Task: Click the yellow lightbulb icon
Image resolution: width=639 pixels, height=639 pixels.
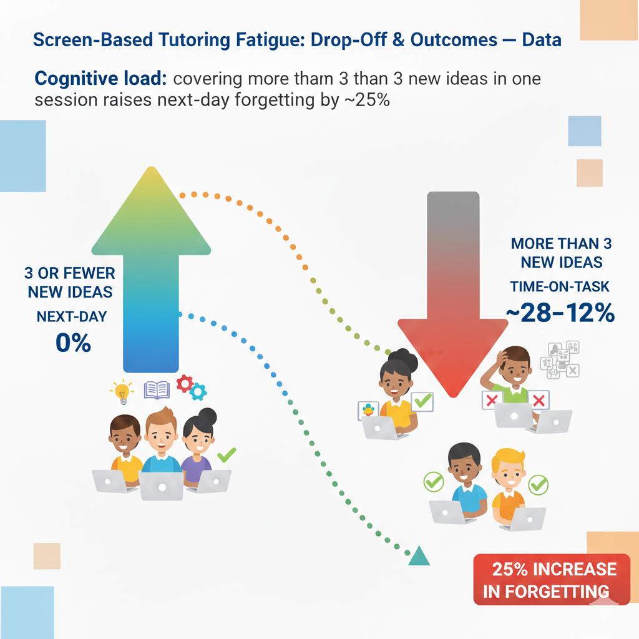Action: click(x=122, y=391)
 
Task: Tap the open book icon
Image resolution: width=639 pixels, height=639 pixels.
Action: click(x=157, y=390)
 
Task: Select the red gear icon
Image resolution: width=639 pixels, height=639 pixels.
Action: click(x=184, y=383)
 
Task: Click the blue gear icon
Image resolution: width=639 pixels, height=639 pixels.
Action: click(x=198, y=392)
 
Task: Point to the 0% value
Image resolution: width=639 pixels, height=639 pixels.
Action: click(x=73, y=343)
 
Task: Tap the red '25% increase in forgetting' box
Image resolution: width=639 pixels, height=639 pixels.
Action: click(x=551, y=579)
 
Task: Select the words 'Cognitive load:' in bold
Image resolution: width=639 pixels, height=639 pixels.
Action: click(x=99, y=79)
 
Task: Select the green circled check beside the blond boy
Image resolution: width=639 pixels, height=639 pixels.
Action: click(x=538, y=484)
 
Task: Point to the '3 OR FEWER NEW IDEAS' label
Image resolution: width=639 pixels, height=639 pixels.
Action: click(x=69, y=283)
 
